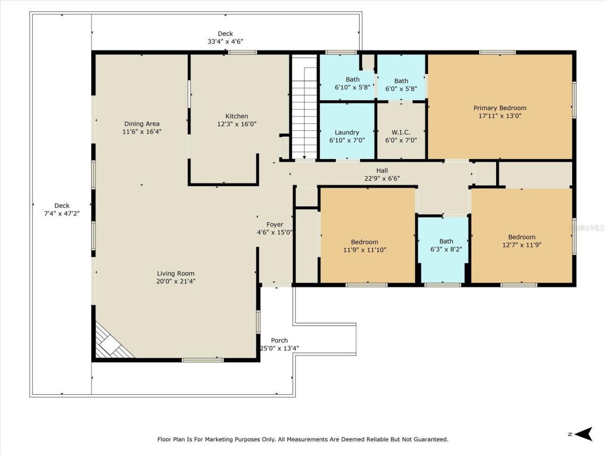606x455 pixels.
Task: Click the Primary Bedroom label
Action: (x=499, y=108)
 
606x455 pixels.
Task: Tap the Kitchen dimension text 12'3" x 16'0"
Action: (x=236, y=124)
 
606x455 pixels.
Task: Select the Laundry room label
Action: (x=347, y=133)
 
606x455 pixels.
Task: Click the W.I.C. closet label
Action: (x=401, y=133)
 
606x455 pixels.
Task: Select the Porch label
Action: (x=279, y=340)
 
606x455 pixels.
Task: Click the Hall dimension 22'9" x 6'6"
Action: (x=382, y=179)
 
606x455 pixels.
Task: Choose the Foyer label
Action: (x=275, y=225)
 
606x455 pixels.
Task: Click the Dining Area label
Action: (x=142, y=124)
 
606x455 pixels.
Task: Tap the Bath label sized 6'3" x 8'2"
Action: (x=446, y=241)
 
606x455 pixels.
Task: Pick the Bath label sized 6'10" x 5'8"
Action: (x=352, y=80)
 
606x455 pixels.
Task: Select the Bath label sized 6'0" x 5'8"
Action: (x=401, y=81)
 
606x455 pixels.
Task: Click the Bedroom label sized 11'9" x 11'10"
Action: (x=365, y=242)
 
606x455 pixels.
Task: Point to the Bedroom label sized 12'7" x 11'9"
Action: (x=522, y=237)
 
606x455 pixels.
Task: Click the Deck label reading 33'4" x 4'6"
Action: (x=225, y=41)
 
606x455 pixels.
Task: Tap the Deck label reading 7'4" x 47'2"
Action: (x=62, y=213)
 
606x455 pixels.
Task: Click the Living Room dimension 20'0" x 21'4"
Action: (x=176, y=281)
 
